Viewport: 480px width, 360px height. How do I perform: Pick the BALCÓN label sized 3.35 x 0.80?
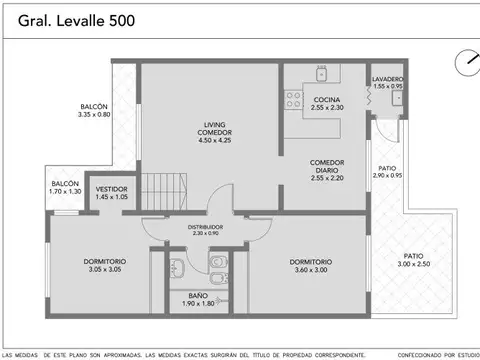[94, 110]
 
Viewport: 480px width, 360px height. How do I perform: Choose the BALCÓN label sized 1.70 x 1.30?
[66, 187]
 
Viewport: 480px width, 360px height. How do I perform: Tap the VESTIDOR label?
[111, 191]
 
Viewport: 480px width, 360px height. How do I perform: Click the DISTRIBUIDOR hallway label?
[206, 229]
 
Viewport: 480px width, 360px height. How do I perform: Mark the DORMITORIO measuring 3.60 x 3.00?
[311, 265]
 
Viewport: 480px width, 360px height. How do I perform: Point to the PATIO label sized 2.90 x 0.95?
[387, 171]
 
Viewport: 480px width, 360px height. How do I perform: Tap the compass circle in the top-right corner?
[465, 61]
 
